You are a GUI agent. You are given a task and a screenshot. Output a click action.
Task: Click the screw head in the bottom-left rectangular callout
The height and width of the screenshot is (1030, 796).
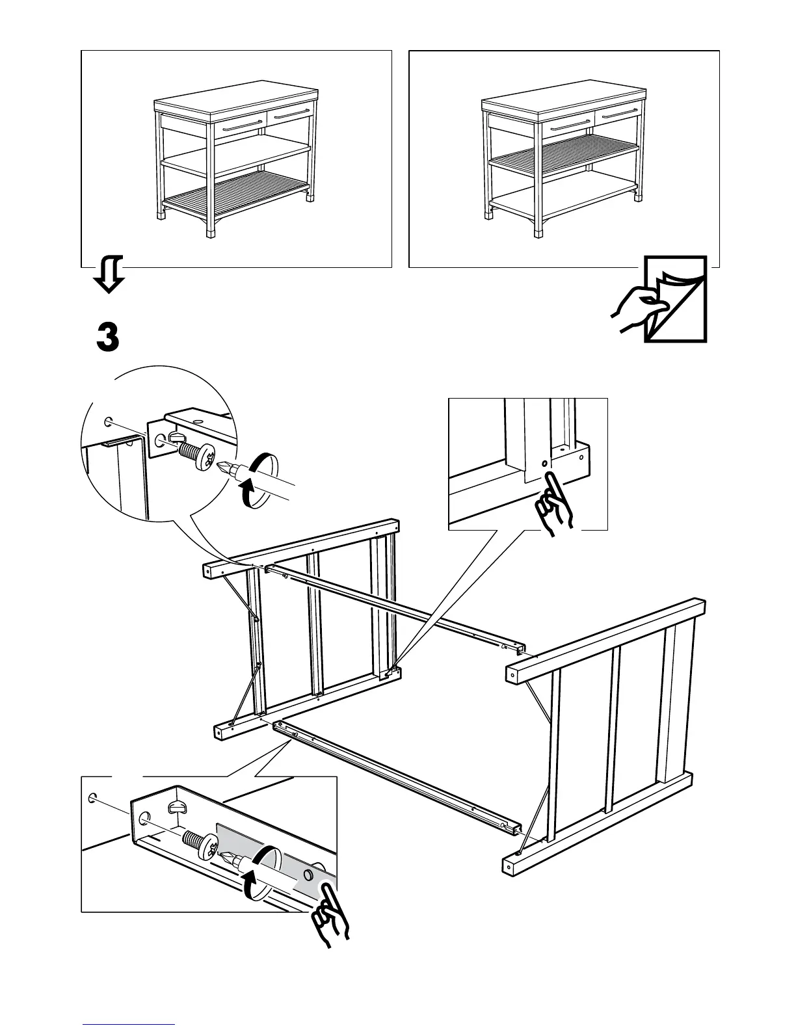[x=213, y=848]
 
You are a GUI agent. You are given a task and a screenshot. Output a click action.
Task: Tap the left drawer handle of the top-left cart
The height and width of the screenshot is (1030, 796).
[x=243, y=125]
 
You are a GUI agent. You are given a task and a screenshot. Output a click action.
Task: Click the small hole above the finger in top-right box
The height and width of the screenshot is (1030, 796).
[x=544, y=464]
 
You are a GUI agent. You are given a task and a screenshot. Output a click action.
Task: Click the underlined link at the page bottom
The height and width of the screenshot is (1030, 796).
[x=129, y=1023]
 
